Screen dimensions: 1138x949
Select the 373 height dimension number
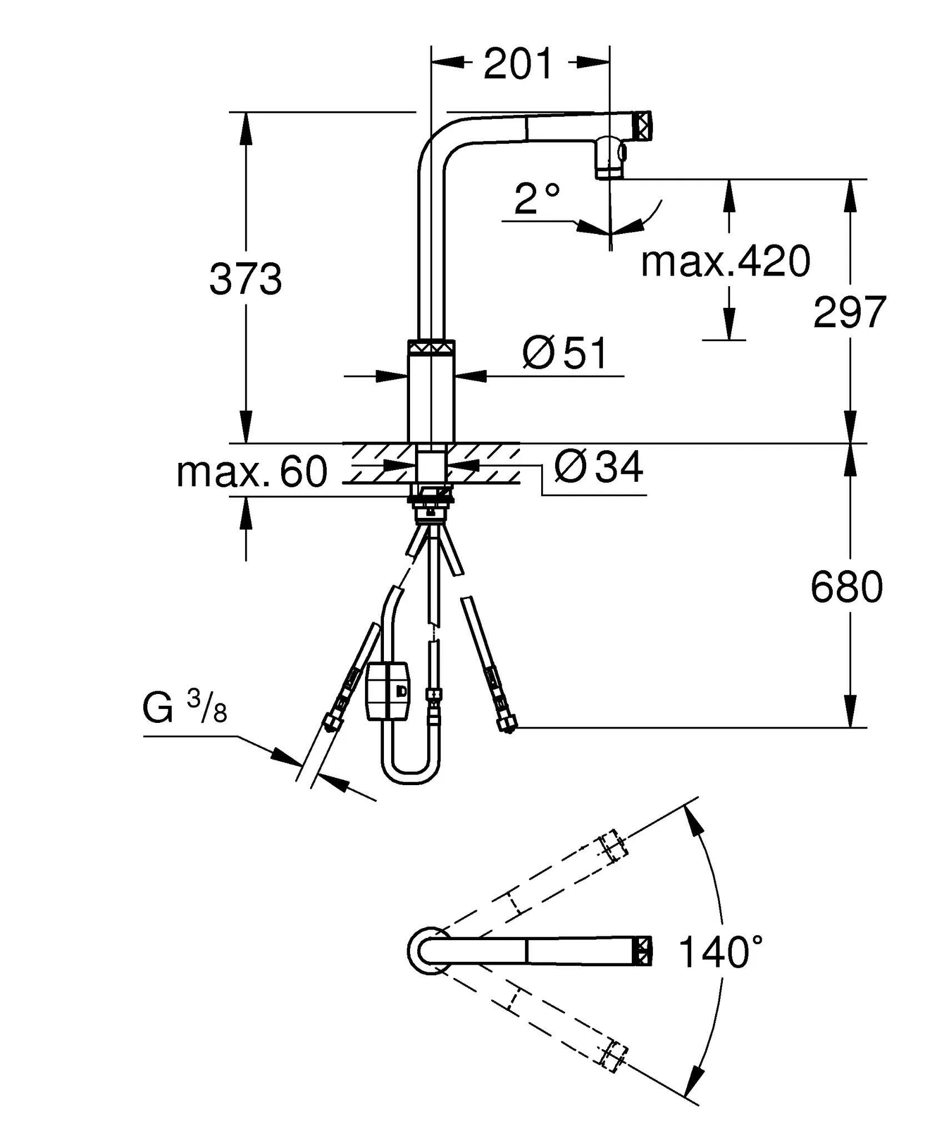[x=246, y=279]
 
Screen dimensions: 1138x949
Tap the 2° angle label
[x=536, y=199]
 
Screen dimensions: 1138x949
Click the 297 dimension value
[x=849, y=312]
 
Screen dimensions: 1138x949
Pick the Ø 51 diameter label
[x=566, y=353]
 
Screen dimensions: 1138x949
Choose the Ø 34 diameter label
[x=598, y=467]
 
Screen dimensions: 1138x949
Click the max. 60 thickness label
[x=252, y=472]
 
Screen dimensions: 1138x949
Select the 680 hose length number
[x=846, y=587]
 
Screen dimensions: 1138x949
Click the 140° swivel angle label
[x=721, y=952]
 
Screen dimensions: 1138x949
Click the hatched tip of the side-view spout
[x=642, y=126]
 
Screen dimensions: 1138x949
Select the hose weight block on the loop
[x=387, y=691]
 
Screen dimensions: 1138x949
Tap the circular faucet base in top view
[x=427, y=951]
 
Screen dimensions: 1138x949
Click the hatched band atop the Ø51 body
[x=431, y=347]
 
